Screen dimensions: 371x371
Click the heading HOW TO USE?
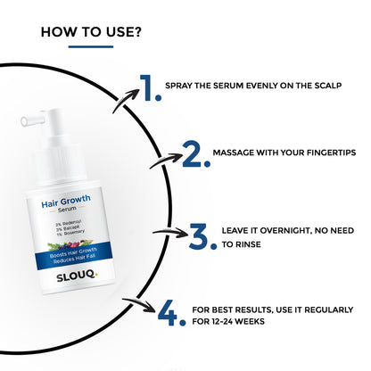[91, 32]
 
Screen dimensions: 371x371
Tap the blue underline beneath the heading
[91, 46]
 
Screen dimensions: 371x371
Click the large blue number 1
[151, 88]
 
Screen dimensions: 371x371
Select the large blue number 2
[195, 154]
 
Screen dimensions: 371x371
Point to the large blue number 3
[202, 236]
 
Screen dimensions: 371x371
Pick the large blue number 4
[171, 313]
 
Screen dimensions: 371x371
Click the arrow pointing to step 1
[125, 100]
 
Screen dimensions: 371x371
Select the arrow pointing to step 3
[171, 233]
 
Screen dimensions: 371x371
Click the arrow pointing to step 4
[139, 305]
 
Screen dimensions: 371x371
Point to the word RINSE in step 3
[248, 244]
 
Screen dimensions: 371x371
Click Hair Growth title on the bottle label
[66, 202]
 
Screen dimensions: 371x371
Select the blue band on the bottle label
[74, 255]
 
